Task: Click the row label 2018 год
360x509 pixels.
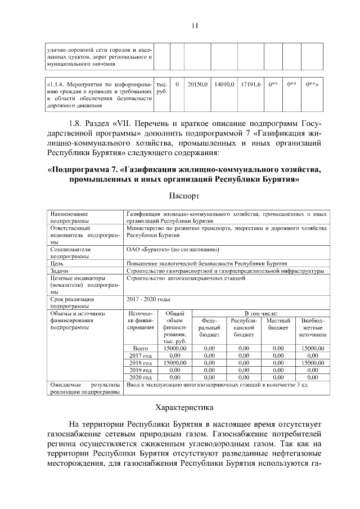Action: click(x=140, y=363)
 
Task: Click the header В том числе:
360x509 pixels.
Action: click(x=259, y=313)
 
